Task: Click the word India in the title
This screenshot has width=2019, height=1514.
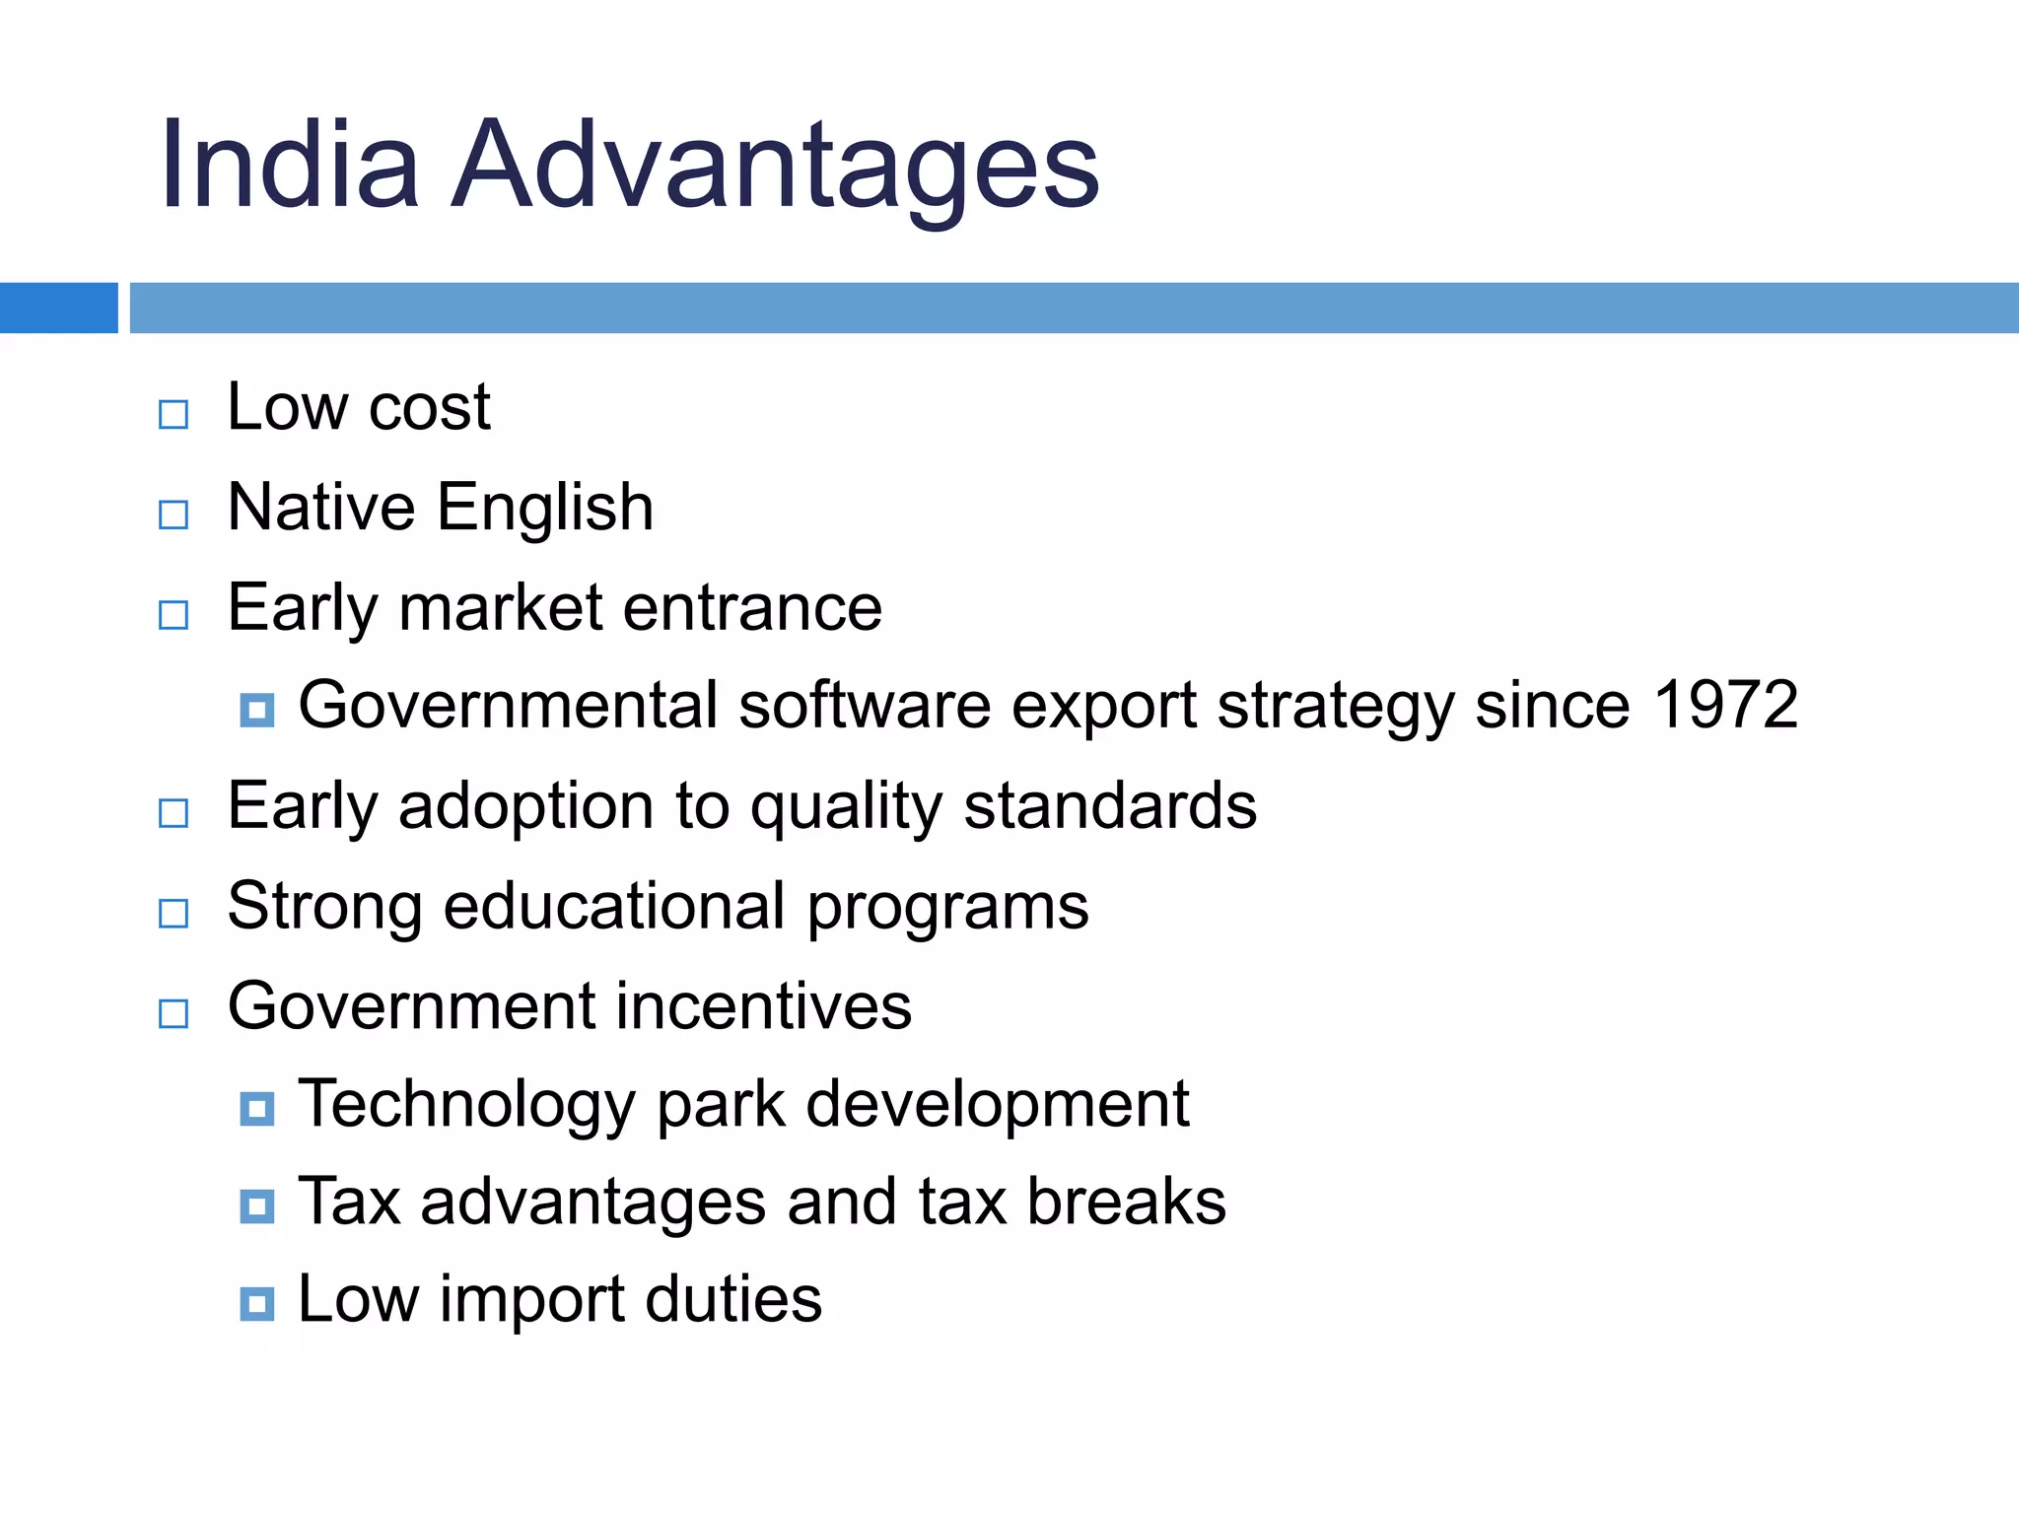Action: pyautogui.click(x=290, y=165)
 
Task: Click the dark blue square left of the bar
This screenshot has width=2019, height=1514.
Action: pyautogui.click(x=58, y=308)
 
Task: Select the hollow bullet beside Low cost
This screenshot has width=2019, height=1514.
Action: pyautogui.click(x=174, y=414)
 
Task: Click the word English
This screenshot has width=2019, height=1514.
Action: pyautogui.click(x=545, y=509)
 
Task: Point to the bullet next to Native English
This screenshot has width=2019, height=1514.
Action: pyautogui.click(x=174, y=515)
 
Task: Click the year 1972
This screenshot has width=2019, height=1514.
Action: pyautogui.click(x=1725, y=706)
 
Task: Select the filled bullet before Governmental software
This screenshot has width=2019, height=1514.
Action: pyautogui.click(x=257, y=710)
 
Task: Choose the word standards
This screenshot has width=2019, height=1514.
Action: pyautogui.click(x=1110, y=806)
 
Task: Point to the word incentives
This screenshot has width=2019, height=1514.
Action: pyautogui.click(x=765, y=1006)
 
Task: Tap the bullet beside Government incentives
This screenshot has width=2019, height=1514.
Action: pyautogui.click(x=174, y=1013)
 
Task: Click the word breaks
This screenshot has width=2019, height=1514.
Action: pyautogui.click(x=1126, y=1202)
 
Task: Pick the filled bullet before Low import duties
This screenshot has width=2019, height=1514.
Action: pyautogui.click(x=257, y=1304)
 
